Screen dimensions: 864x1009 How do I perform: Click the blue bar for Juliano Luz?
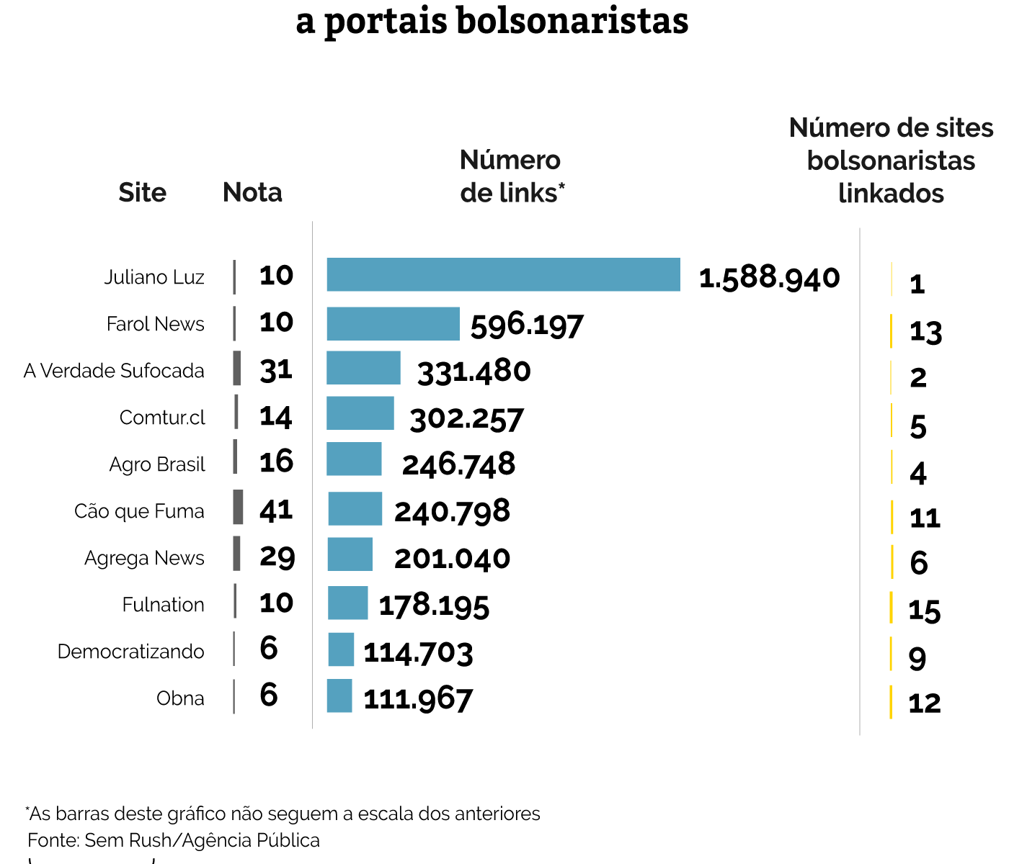click(503, 274)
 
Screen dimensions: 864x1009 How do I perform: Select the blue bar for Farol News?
click(393, 323)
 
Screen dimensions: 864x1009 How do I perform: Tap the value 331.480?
click(474, 372)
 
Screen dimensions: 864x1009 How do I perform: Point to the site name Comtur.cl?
click(162, 418)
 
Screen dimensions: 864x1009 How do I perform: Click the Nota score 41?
click(276, 510)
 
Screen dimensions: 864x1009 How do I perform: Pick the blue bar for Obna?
click(339, 696)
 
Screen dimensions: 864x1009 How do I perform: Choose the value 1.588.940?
click(769, 277)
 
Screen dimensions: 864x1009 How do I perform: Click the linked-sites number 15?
click(924, 611)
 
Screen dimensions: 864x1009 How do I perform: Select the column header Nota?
click(252, 192)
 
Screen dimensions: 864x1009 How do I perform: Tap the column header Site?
click(142, 192)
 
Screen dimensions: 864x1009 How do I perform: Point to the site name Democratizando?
click(131, 652)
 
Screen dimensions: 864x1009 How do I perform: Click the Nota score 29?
click(277, 557)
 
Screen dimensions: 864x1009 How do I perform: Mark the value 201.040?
click(452, 559)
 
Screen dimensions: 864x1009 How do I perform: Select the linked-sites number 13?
click(925, 332)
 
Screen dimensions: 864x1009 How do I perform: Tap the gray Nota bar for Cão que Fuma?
click(238, 507)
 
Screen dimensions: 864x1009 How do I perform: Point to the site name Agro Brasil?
click(157, 464)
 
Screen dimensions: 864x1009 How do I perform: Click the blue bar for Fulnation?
click(347, 603)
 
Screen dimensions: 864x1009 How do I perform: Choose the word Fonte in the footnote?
click(52, 840)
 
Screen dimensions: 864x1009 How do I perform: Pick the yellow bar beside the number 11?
click(892, 517)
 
